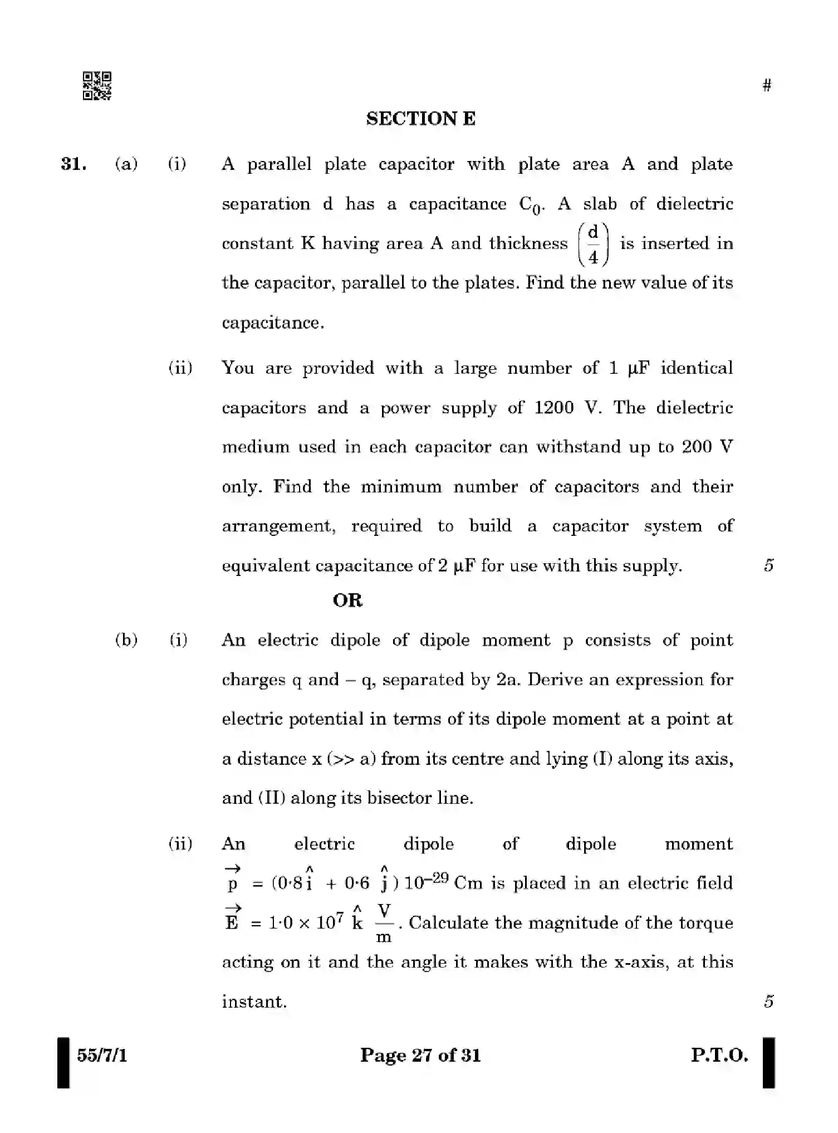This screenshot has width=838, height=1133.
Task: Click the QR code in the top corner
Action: tap(97, 86)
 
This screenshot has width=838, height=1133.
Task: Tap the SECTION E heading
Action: tap(420, 119)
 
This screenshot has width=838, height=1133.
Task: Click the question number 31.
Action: tap(73, 164)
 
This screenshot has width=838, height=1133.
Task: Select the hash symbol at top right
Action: tap(767, 85)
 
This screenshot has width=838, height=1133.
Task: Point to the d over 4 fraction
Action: tap(593, 244)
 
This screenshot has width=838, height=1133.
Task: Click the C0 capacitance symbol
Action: tap(530, 206)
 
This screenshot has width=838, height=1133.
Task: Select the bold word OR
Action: tap(347, 600)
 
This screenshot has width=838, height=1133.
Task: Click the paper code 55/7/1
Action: tap(102, 1055)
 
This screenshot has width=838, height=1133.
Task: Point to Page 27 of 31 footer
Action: tap(420, 1055)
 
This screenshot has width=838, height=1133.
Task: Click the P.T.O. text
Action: tap(719, 1055)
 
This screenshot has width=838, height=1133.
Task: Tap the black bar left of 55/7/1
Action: tap(63, 1062)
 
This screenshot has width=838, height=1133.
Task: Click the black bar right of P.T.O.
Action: tap(768, 1062)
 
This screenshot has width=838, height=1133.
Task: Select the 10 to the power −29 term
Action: tap(426, 882)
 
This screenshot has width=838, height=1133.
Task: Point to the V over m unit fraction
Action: tap(384, 923)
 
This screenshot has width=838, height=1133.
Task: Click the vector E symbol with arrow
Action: tap(232, 920)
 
